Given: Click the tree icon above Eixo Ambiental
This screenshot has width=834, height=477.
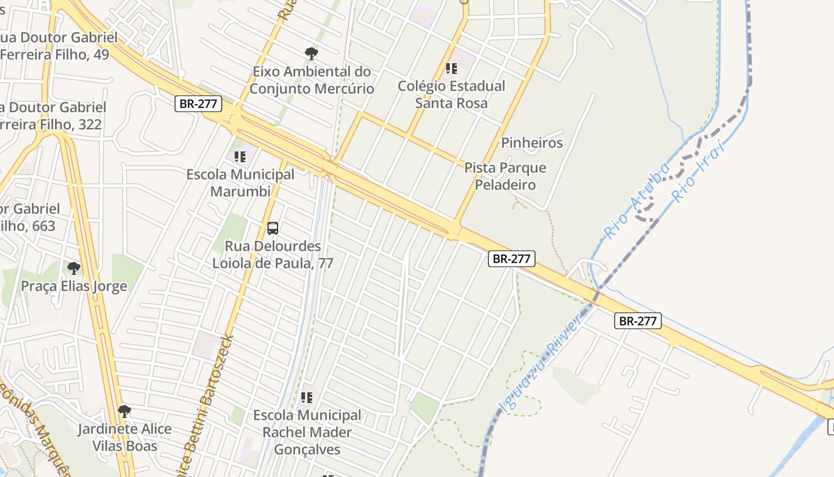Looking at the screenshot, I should click(x=311, y=54).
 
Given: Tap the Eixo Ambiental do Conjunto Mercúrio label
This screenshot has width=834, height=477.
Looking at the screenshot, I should click(x=312, y=80).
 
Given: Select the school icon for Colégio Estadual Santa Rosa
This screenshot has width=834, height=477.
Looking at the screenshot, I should click(x=452, y=69).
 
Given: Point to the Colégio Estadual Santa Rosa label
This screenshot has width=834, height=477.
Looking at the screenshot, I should click(x=451, y=94).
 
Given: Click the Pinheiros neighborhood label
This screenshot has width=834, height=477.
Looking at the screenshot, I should click(x=531, y=143).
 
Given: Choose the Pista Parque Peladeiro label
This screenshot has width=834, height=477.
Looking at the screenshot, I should click(x=505, y=176).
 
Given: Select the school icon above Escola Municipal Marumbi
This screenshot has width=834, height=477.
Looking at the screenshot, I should click(x=240, y=157).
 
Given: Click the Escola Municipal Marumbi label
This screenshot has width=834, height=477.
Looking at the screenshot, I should click(x=240, y=183).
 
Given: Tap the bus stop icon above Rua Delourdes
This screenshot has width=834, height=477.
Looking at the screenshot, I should click(x=273, y=228).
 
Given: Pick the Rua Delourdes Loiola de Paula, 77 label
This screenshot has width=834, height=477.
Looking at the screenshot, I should click(x=273, y=255).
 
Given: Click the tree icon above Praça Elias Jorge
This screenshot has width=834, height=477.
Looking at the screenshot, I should click(x=73, y=268).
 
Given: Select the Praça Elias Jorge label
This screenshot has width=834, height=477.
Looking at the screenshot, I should click(x=74, y=286).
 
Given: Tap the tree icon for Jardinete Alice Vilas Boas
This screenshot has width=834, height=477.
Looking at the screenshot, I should click(x=124, y=411).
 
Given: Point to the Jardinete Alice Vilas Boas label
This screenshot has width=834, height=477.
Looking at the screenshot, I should click(x=125, y=437).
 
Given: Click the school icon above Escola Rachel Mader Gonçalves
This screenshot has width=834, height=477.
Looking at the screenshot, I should click(x=307, y=397).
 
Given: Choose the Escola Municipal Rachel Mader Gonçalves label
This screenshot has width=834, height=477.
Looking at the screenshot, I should click(x=307, y=432).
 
